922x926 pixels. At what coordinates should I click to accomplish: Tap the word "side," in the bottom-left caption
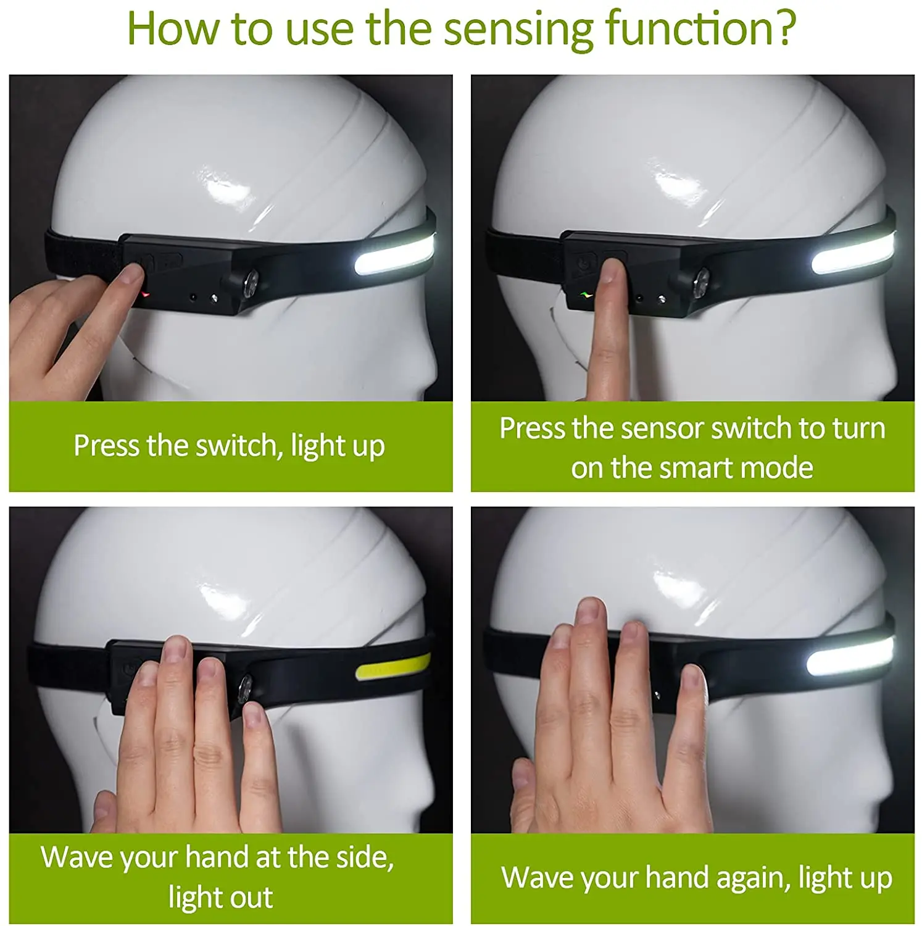tap(360, 858)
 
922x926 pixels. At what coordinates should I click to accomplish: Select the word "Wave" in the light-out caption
tap(77, 857)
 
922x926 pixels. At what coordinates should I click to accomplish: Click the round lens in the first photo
tap(251, 282)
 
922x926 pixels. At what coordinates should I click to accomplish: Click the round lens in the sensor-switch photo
tap(703, 281)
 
